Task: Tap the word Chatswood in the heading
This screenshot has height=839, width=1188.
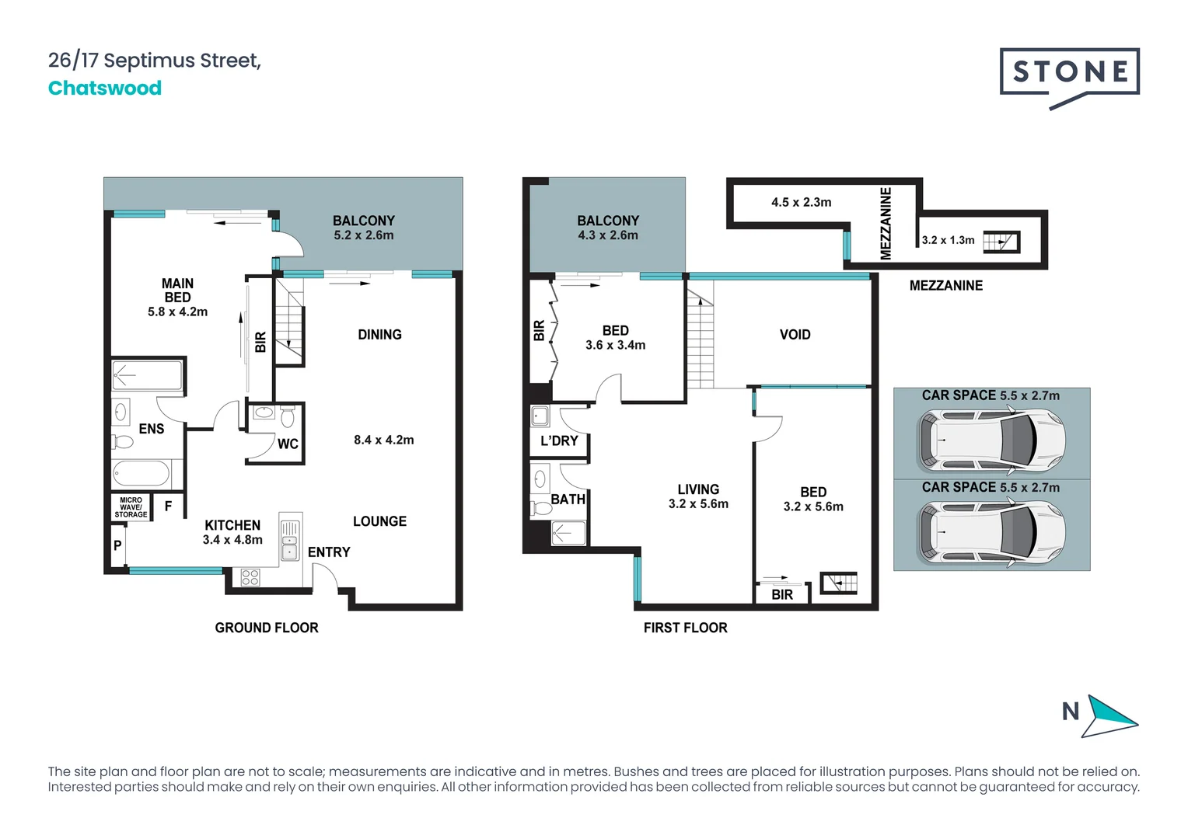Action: [x=105, y=88]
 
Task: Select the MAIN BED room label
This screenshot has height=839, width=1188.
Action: [x=177, y=291]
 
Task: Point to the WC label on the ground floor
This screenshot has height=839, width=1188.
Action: [x=288, y=444]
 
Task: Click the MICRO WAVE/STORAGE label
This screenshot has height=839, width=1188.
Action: [x=131, y=507]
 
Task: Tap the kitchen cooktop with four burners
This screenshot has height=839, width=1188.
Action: [x=250, y=577]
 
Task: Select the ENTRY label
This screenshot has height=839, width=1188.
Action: [x=328, y=552]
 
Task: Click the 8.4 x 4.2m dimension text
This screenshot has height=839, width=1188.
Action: [x=383, y=440]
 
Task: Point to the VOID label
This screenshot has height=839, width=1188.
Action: [x=795, y=334]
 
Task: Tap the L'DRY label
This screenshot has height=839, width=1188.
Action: [x=559, y=440]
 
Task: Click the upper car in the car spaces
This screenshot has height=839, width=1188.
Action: [x=991, y=441]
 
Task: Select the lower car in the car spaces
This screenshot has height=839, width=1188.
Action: [x=991, y=533]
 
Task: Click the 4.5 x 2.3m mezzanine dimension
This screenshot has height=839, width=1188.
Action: [x=801, y=202]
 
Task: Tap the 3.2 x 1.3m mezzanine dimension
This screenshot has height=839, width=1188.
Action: [x=948, y=240]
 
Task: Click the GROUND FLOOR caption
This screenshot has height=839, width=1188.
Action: [x=267, y=627]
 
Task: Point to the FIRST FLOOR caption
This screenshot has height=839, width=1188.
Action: [x=685, y=627]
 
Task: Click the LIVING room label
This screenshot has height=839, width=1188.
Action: [x=697, y=489]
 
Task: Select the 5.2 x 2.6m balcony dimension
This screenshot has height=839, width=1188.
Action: [x=363, y=235]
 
